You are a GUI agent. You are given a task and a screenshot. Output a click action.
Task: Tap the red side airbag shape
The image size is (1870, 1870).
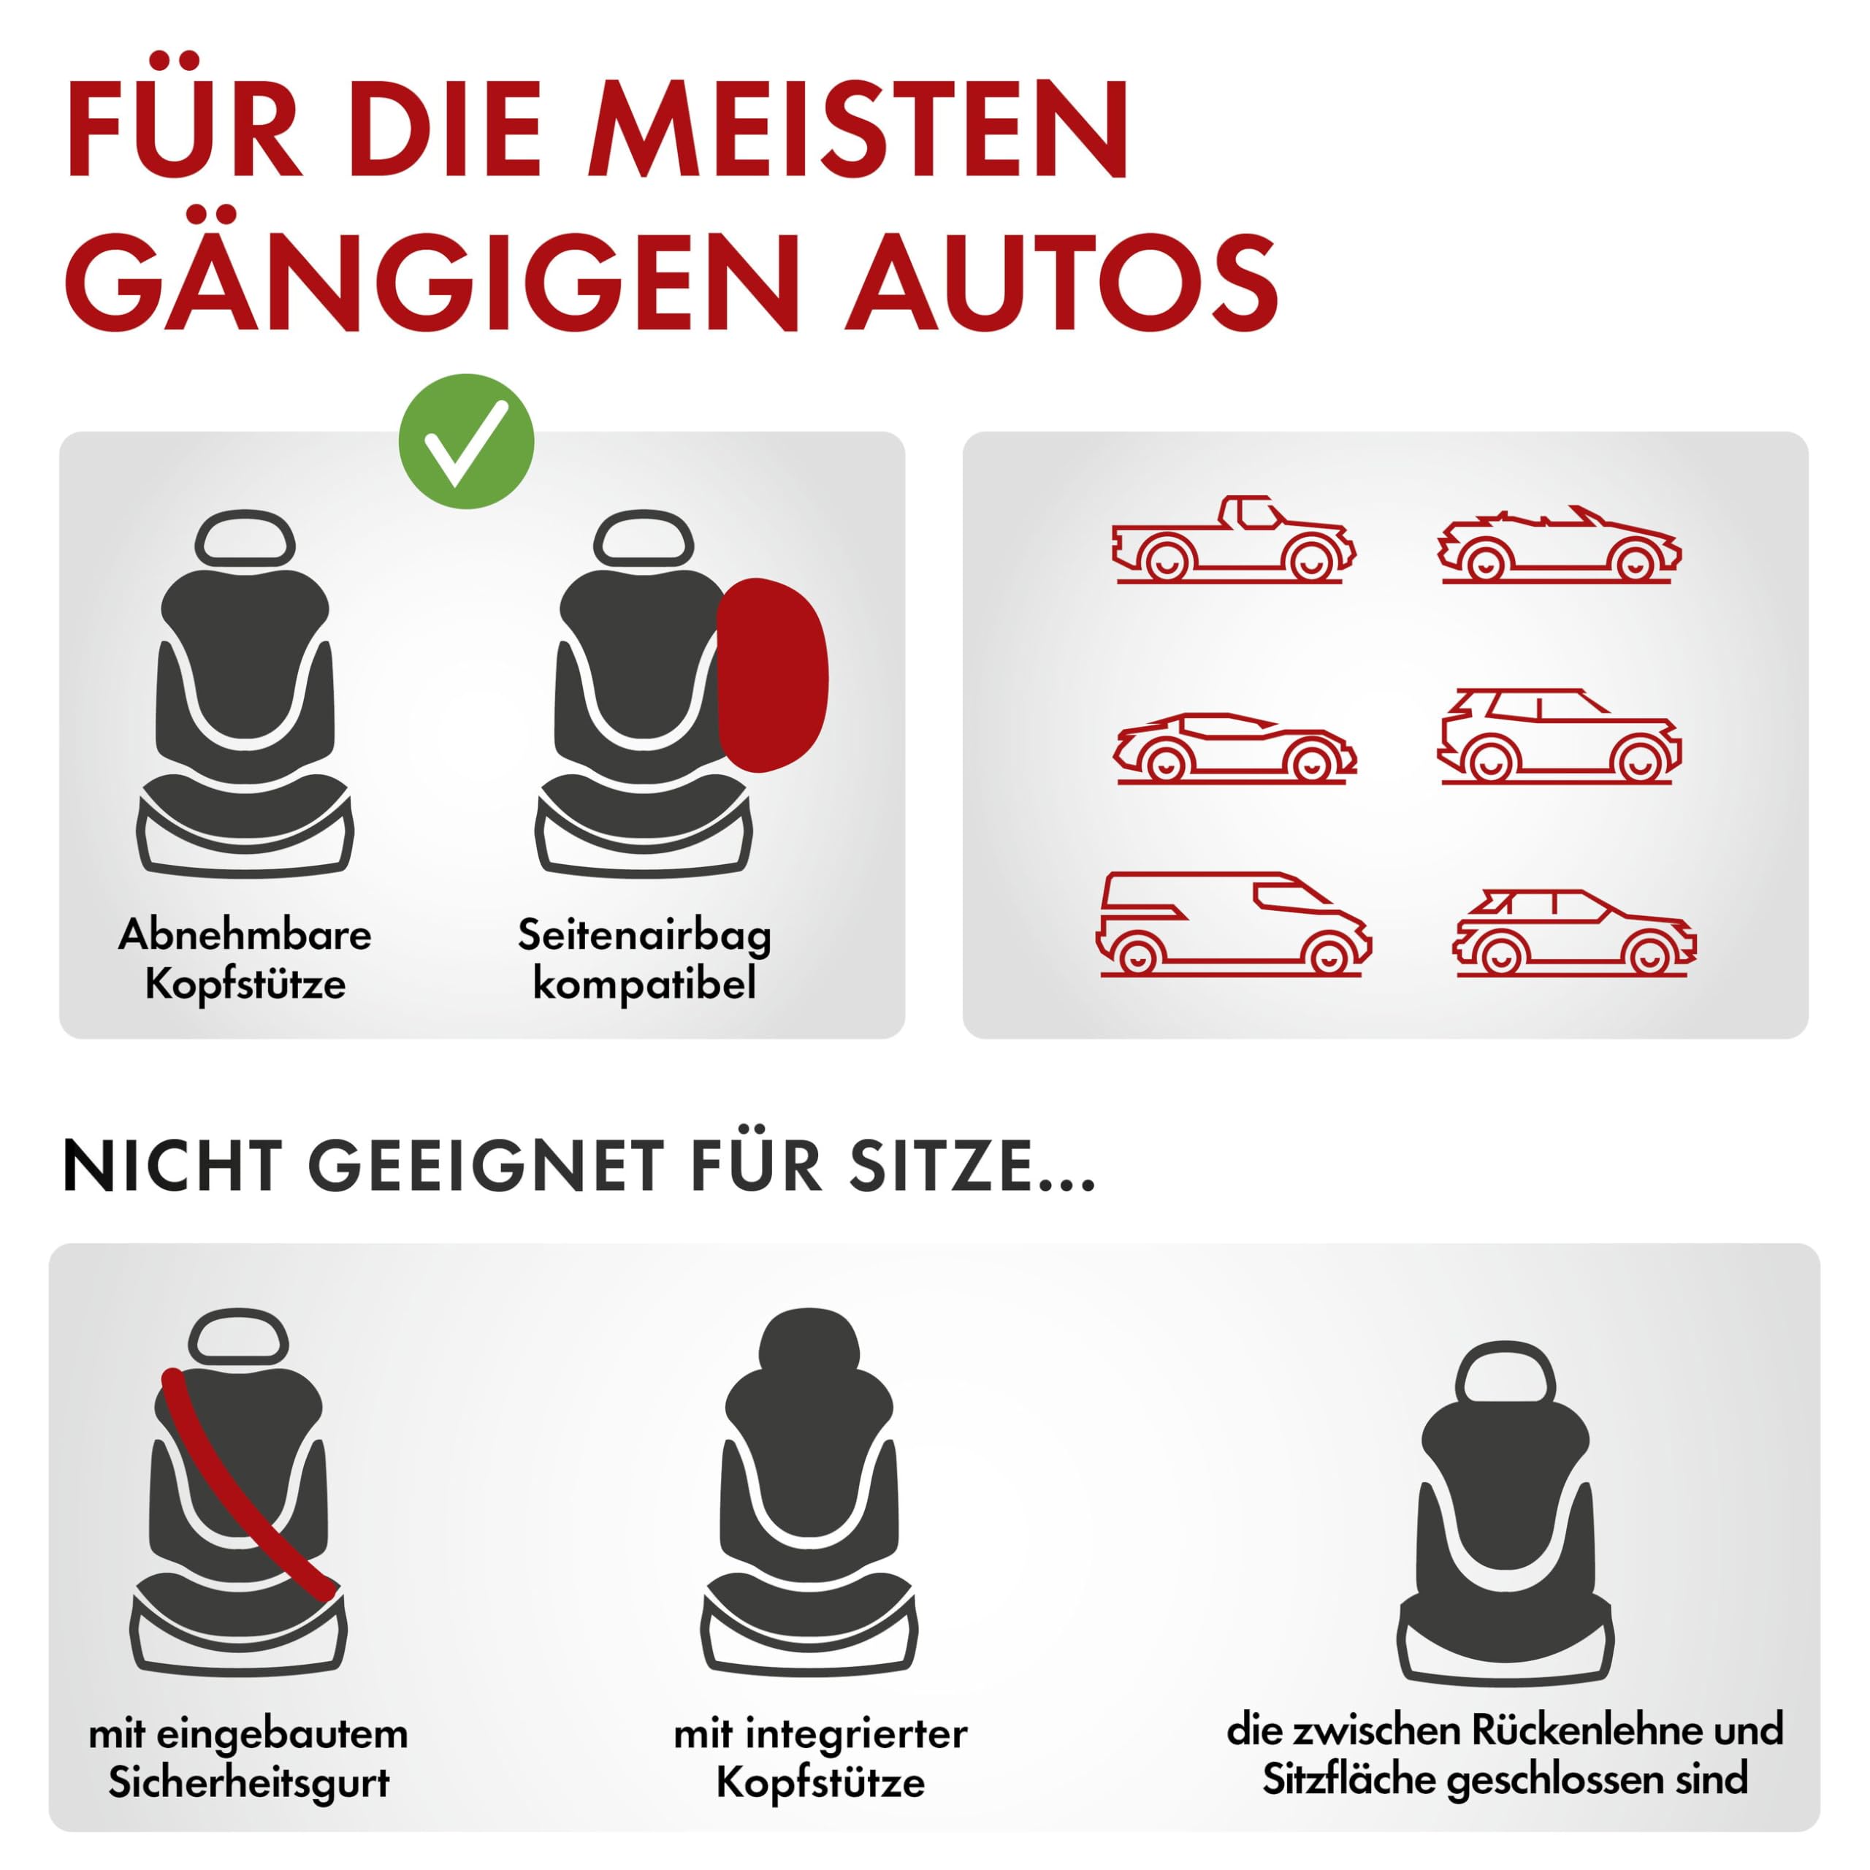[x=772, y=675]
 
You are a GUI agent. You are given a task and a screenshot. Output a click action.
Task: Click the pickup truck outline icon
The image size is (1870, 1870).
[x=1233, y=540]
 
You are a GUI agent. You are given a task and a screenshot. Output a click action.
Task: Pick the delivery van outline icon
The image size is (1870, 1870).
[x=1233, y=923]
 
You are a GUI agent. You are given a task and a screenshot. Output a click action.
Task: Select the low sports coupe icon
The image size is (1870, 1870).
[x=1234, y=747]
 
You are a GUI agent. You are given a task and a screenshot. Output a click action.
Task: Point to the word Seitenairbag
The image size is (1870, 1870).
[x=644, y=935]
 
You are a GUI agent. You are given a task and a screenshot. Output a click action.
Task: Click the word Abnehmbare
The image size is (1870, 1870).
[x=245, y=935]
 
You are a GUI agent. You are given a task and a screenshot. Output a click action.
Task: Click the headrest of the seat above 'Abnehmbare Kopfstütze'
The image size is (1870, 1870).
[x=245, y=538]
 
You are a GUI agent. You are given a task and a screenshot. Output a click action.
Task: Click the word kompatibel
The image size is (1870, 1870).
[x=644, y=985]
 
